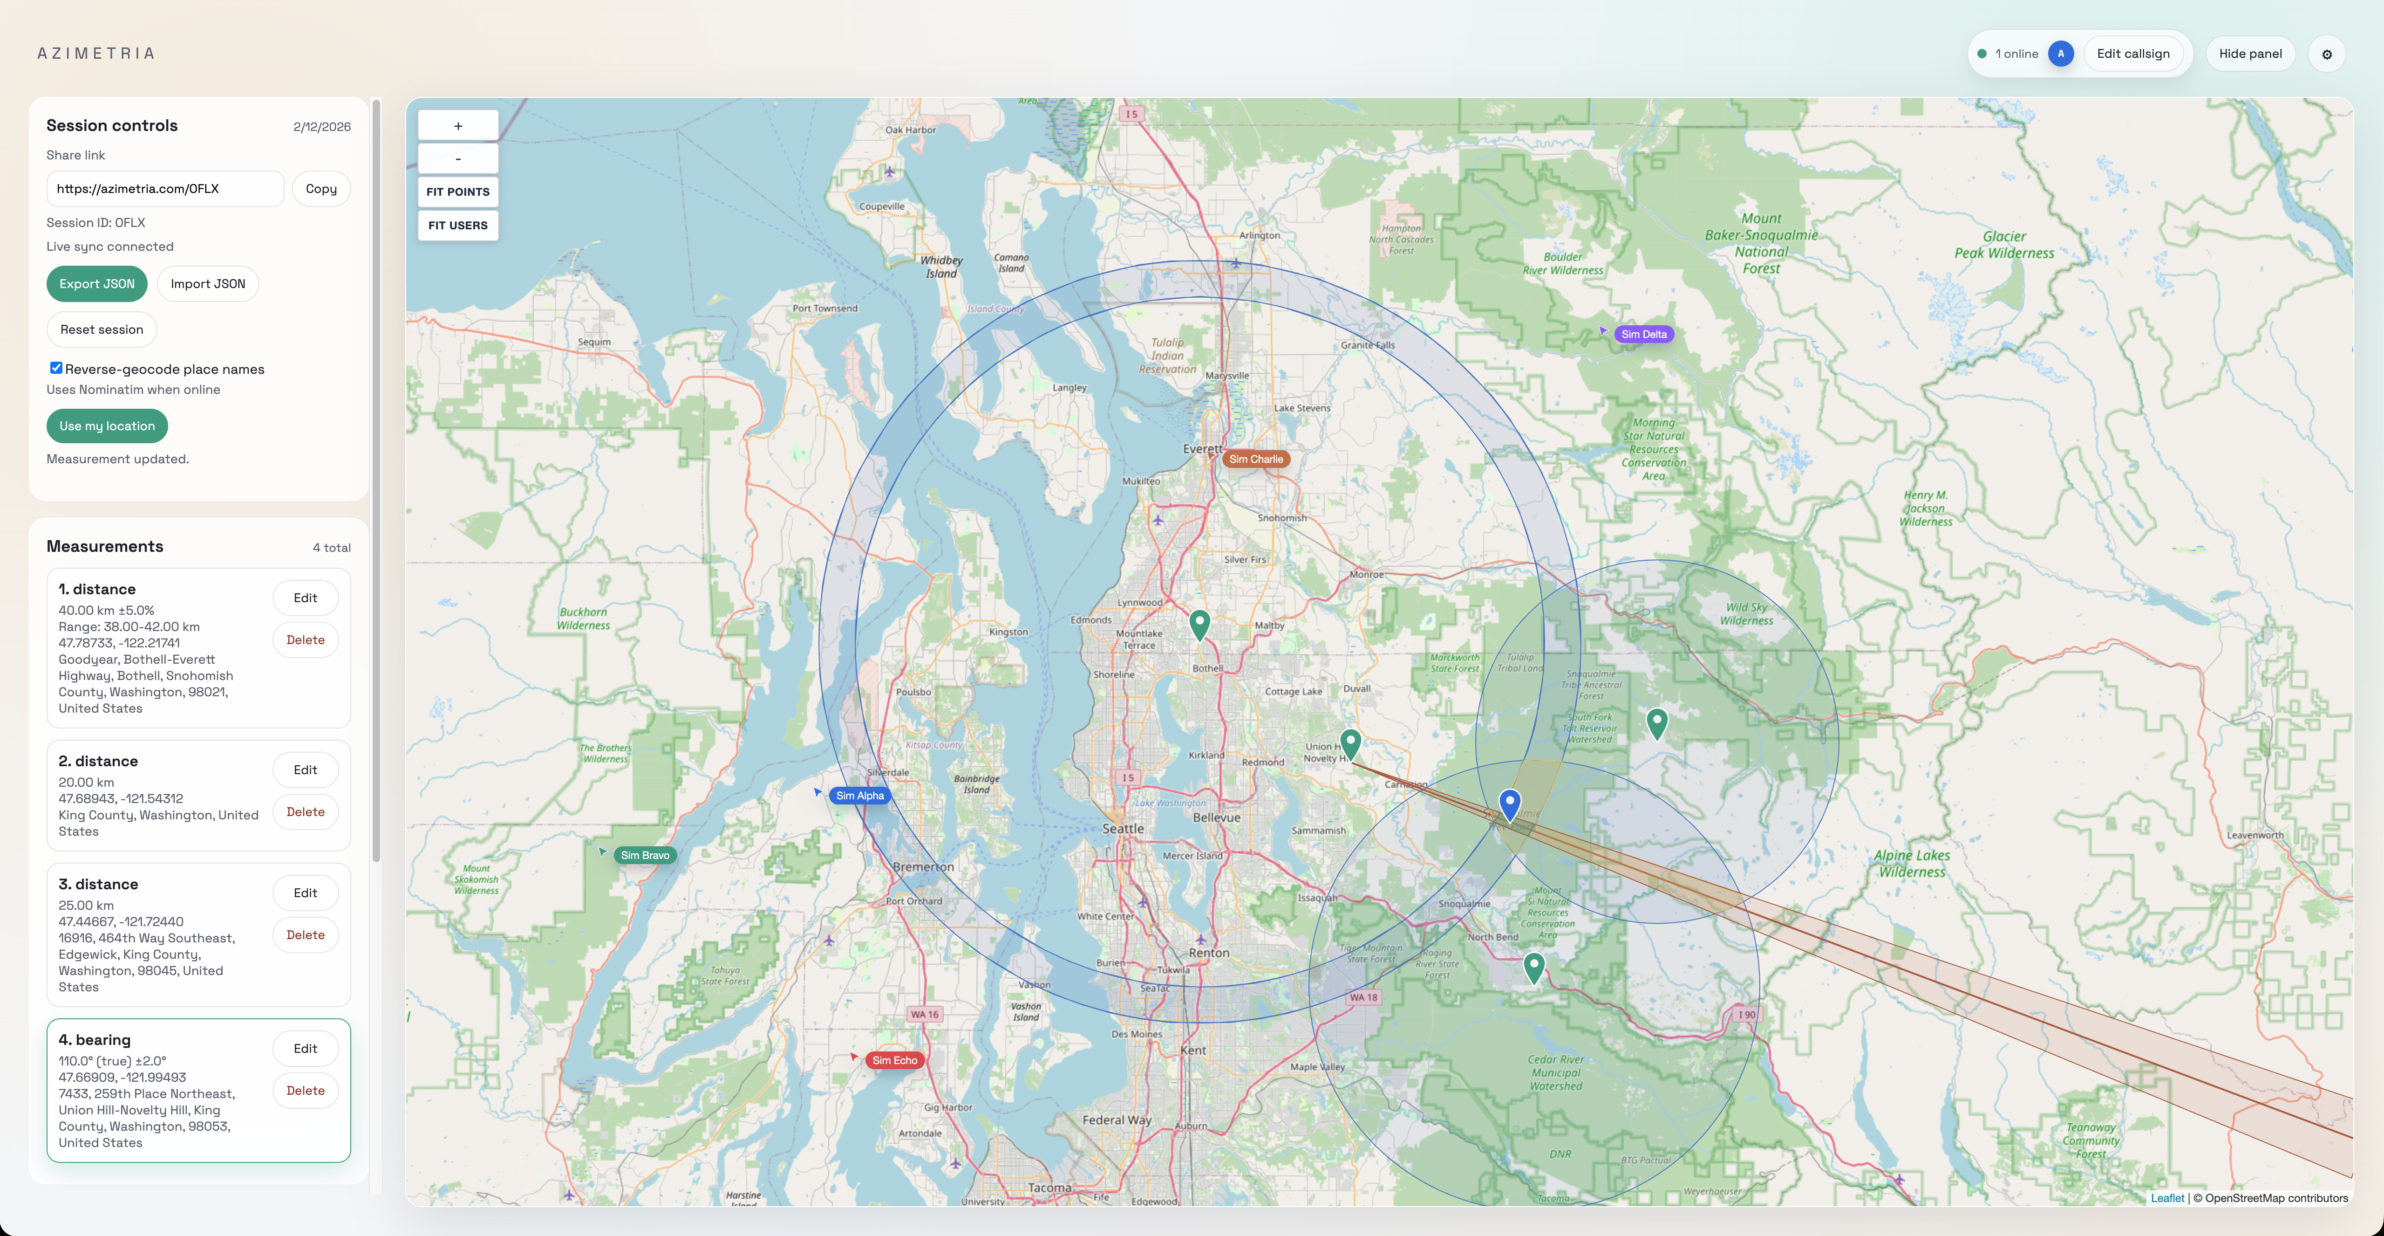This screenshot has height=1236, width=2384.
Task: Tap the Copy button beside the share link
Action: [x=321, y=189]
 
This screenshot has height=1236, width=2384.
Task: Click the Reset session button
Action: [x=102, y=330]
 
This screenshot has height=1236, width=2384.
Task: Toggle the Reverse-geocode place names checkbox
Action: [x=56, y=369]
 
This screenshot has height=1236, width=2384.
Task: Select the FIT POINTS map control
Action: [x=458, y=192]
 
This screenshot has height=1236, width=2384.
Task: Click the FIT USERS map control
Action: [x=458, y=225]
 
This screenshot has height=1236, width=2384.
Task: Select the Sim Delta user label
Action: [x=1644, y=334]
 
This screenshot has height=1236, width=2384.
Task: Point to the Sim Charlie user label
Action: [x=1256, y=459]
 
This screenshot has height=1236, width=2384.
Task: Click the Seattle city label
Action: [x=1123, y=829]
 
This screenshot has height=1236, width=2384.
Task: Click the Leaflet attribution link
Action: [x=2166, y=1198]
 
